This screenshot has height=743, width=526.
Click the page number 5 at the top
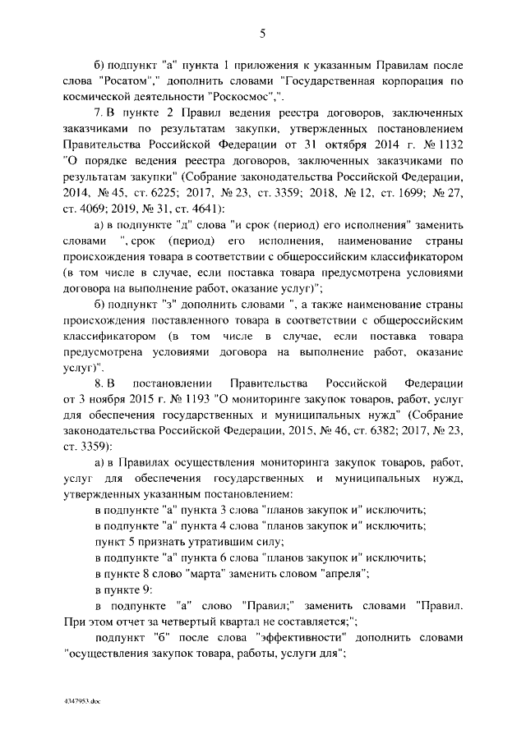point(262,34)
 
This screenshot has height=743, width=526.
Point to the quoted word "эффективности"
point(275,638)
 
